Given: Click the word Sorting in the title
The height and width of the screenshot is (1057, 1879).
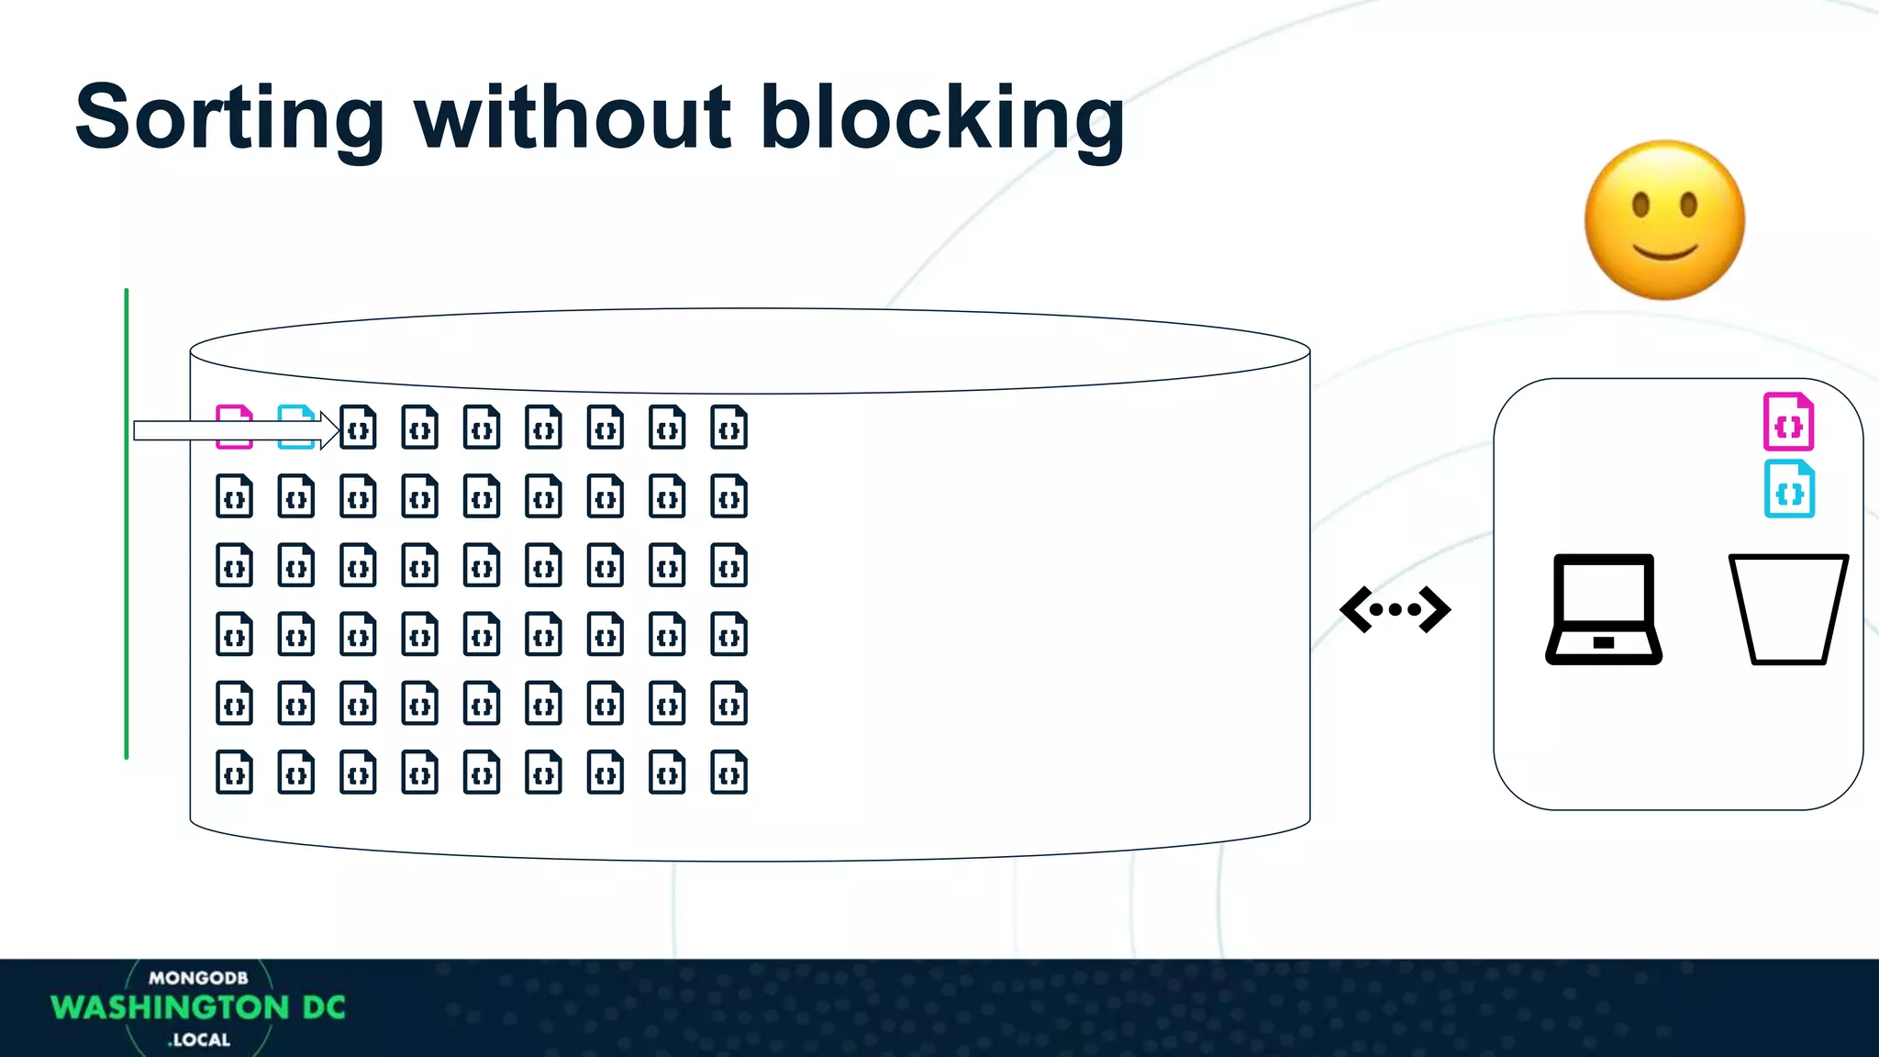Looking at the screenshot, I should (x=229, y=119).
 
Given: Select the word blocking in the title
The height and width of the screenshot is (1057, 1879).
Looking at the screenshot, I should (x=942, y=119).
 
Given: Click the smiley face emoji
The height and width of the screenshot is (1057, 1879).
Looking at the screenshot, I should (x=1664, y=220).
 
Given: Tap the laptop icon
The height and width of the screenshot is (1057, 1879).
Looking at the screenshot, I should (x=1604, y=609).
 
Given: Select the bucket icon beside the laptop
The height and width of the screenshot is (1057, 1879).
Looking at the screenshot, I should (x=1788, y=609).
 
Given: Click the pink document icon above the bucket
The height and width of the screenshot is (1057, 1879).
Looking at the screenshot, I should (x=1788, y=422).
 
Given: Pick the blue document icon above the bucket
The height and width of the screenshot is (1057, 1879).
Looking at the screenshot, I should (x=1789, y=490).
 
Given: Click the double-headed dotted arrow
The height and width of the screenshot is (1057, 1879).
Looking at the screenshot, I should (x=1395, y=609).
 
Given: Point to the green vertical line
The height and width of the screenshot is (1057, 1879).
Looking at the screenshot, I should (x=127, y=523).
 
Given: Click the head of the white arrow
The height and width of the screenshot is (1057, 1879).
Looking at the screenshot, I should (x=330, y=430).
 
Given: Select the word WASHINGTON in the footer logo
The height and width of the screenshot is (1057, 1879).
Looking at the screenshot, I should (x=171, y=1007).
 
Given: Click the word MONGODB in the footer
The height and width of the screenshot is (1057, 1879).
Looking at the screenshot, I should (x=198, y=978).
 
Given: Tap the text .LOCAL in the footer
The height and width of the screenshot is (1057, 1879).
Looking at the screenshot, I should (x=199, y=1040).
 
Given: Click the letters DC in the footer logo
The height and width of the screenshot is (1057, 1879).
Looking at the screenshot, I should (x=324, y=1007).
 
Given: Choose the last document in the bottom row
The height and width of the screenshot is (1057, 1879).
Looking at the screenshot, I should (x=728, y=773).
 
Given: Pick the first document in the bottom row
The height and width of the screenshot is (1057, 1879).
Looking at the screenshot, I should (x=234, y=773).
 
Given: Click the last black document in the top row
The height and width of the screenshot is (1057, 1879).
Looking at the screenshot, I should (x=728, y=428).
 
